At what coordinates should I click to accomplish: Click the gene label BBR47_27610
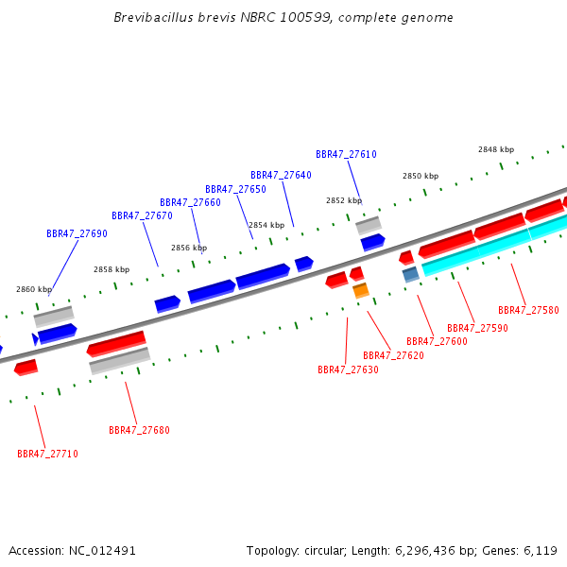point(346,154)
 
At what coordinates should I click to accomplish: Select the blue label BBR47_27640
point(281,175)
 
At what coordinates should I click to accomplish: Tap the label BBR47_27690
point(77,233)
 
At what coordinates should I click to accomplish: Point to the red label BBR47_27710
point(48,454)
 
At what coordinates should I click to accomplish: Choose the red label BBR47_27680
point(139,430)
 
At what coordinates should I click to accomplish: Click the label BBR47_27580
point(528,310)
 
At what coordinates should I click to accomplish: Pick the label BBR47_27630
point(348,369)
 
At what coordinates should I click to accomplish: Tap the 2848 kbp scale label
point(496,149)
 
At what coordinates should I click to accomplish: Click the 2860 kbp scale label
point(34,289)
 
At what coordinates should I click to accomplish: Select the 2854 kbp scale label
point(266,225)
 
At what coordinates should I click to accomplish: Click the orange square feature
point(361,290)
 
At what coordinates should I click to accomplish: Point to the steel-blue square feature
point(411,274)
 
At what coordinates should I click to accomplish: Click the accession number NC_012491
point(102,551)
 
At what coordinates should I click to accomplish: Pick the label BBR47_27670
point(142,215)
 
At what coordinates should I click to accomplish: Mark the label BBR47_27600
point(438,341)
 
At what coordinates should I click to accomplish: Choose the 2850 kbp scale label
point(421,176)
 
